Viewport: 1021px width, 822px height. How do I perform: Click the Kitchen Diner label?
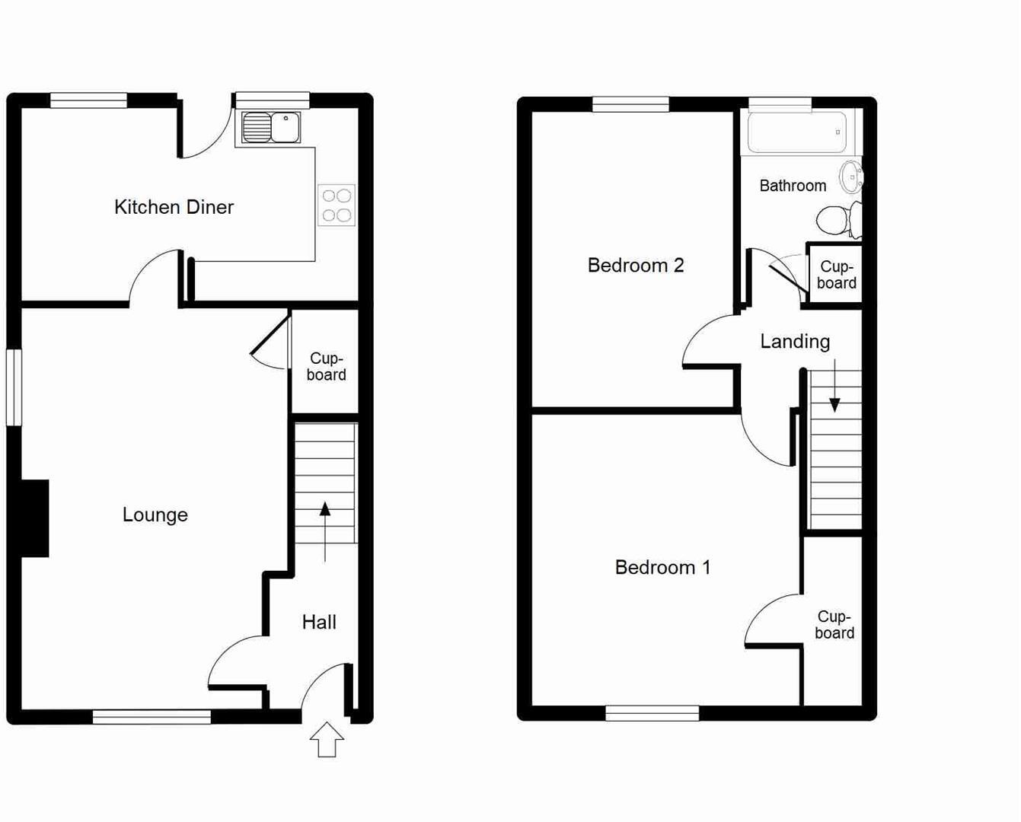(x=174, y=207)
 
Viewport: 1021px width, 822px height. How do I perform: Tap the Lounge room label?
(x=155, y=515)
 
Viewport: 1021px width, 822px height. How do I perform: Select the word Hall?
(x=319, y=623)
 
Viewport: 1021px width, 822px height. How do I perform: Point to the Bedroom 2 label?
(x=636, y=266)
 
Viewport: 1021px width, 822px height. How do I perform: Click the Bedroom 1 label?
(x=662, y=568)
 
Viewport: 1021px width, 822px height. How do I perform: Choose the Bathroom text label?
(x=793, y=186)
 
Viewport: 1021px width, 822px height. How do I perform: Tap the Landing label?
(x=795, y=342)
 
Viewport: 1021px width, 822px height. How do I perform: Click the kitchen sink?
(x=271, y=127)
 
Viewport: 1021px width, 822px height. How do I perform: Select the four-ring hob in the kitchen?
(x=337, y=205)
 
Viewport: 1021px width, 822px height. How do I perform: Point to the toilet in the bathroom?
(x=838, y=221)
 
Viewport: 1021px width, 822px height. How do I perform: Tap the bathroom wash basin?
(x=851, y=177)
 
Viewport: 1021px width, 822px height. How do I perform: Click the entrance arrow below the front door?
(x=327, y=740)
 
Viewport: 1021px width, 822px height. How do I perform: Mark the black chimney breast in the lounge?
(x=35, y=518)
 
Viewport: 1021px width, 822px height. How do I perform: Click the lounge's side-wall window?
(x=14, y=387)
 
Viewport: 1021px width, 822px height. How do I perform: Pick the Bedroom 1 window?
(x=652, y=713)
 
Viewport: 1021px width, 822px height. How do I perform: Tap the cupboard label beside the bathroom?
(x=837, y=275)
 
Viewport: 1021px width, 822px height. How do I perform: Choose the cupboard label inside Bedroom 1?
(x=834, y=625)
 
